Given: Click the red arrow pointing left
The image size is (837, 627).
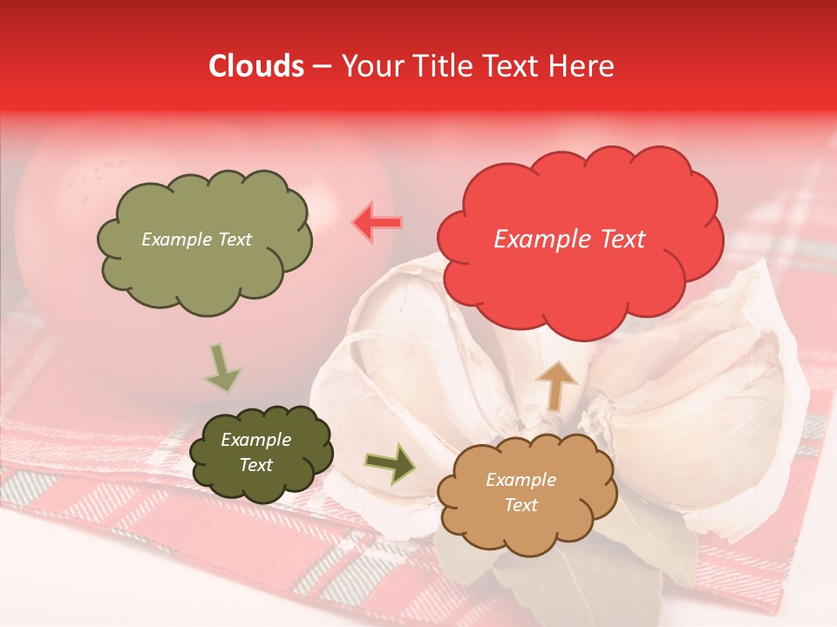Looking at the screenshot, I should [377, 223].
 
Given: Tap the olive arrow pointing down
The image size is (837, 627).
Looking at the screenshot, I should [221, 367].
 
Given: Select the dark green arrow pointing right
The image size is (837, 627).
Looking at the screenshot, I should [391, 464].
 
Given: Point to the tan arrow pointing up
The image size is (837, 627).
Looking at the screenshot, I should [556, 386].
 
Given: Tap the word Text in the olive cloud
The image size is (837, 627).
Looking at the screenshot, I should [234, 239].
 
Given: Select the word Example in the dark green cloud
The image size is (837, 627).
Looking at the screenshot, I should [255, 440].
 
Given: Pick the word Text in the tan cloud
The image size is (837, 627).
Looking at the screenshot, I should [521, 505].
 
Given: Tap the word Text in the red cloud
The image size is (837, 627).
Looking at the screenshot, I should [620, 239].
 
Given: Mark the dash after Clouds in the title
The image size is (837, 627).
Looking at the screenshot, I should [321, 66].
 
